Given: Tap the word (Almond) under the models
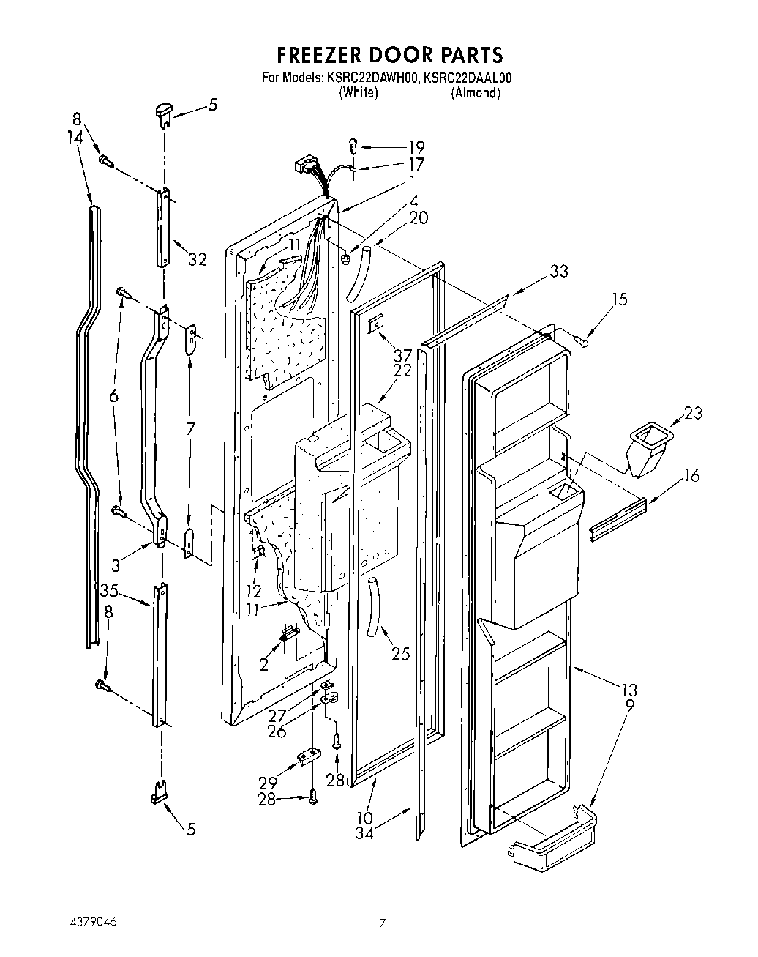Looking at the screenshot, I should [476, 93].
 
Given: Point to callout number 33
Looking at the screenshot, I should [559, 271].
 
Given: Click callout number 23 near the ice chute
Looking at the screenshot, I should [692, 413].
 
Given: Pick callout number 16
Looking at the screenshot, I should [691, 477].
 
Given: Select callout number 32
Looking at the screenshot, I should [198, 259].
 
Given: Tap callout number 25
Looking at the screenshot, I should [401, 654].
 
